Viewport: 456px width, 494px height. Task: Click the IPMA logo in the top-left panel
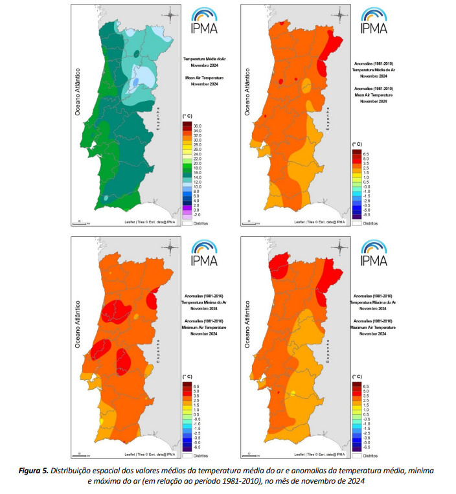tap(205, 21)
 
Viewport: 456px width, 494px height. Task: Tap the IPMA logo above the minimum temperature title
tap(205, 253)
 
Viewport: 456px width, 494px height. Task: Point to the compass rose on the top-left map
tap(170, 15)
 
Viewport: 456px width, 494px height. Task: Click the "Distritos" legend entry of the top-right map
tap(370, 222)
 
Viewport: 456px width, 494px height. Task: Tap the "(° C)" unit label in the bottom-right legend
tap(356, 376)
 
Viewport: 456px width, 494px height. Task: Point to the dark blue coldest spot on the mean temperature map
tap(135, 84)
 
